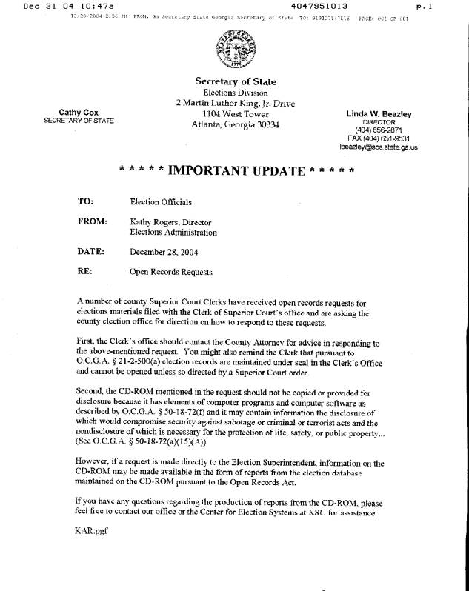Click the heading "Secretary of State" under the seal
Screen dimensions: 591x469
pyautogui.click(x=235, y=81)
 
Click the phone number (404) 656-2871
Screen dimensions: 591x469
pyautogui.click(x=379, y=130)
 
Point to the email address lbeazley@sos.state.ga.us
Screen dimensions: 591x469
pyautogui.click(x=379, y=147)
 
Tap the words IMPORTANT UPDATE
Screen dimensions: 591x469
pyautogui.click(x=237, y=171)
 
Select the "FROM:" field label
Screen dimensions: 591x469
pyautogui.click(x=92, y=221)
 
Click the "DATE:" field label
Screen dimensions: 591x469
pyautogui.click(x=90, y=251)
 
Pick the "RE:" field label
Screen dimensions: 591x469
pyautogui.click(x=84, y=271)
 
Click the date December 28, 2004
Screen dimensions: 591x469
pyautogui.click(x=164, y=252)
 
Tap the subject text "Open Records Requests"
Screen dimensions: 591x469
pyautogui.click(x=171, y=272)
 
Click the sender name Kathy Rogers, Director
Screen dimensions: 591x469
pyautogui.click(x=170, y=222)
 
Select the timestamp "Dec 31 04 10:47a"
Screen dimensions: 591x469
pyautogui.click(x=66, y=6)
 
